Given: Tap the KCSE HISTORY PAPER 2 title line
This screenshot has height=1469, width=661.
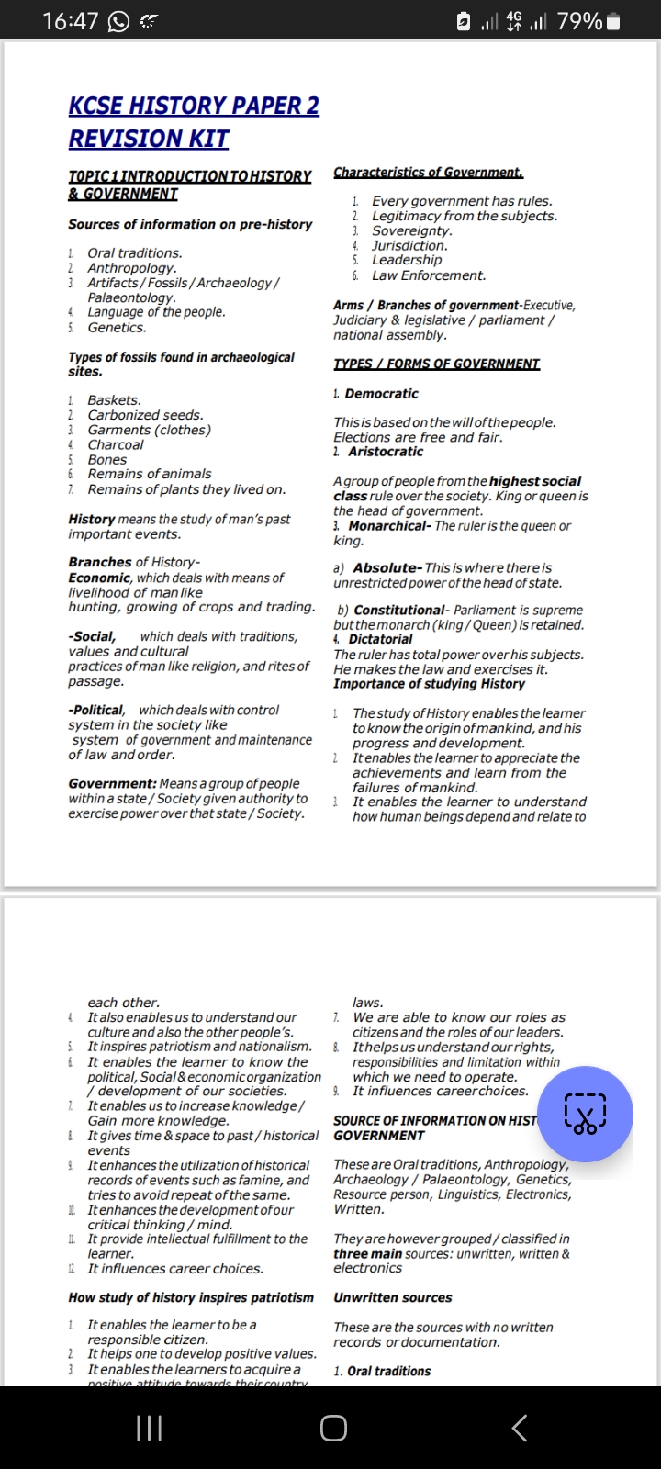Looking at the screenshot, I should [194, 106].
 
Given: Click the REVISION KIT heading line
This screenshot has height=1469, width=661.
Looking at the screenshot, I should [149, 139].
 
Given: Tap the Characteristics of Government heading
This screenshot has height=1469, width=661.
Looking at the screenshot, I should [428, 173].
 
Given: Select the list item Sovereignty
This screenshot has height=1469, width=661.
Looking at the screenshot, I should [411, 230].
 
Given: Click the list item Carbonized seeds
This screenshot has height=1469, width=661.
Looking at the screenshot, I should [145, 415].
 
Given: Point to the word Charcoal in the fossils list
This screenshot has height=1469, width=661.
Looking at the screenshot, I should [116, 444].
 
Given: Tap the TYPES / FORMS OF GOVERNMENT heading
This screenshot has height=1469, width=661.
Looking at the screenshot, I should [436, 364].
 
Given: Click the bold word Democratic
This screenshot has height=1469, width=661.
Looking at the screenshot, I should [381, 393].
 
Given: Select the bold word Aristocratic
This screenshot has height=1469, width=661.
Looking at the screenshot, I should [386, 452].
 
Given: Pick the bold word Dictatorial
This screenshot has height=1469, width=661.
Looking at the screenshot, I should [380, 639].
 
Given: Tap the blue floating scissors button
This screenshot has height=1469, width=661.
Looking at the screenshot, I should [585, 1113].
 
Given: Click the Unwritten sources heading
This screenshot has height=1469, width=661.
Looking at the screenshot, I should [392, 1297].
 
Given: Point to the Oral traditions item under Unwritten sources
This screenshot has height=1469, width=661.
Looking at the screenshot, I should [388, 1371].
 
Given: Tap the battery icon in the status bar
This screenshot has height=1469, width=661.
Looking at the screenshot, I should [613, 20].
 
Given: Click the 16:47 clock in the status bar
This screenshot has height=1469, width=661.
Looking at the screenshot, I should [70, 20].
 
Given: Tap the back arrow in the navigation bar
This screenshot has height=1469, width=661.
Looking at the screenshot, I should [519, 1428].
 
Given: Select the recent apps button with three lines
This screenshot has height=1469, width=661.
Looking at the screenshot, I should [149, 1428].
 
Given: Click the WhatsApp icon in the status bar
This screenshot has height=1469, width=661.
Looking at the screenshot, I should [118, 21].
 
